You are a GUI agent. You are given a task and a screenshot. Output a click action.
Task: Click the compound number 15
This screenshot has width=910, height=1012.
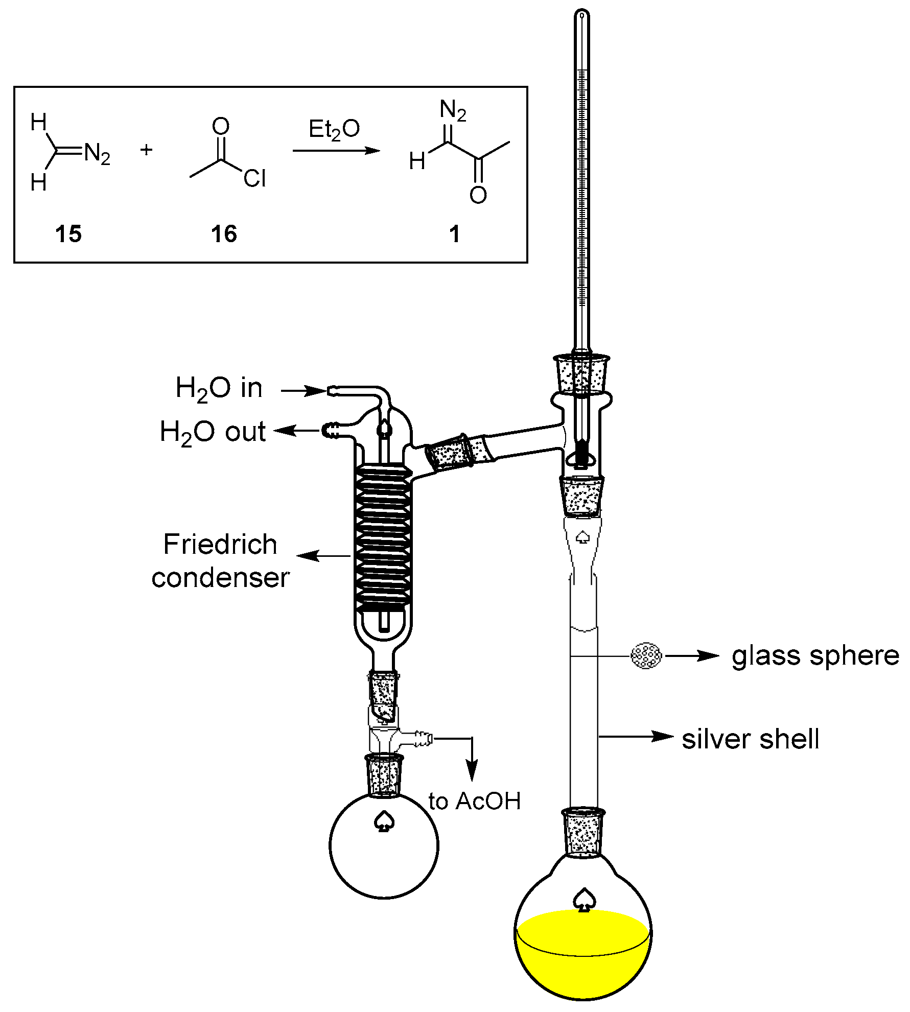(68, 234)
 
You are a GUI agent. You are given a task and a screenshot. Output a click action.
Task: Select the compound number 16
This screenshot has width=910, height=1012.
(224, 234)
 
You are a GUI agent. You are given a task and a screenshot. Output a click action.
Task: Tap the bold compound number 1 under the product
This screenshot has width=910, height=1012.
(454, 234)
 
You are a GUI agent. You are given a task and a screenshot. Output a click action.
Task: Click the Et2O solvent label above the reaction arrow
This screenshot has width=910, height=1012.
(334, 129)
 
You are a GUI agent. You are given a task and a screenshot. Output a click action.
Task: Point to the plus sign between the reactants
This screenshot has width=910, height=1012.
(146, 150)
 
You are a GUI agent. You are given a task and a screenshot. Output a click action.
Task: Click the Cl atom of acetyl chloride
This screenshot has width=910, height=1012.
(254, 178)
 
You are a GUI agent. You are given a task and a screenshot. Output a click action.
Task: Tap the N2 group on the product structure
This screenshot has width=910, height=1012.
(453, 110)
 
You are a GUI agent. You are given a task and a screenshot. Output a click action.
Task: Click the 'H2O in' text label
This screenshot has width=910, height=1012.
(219, 388)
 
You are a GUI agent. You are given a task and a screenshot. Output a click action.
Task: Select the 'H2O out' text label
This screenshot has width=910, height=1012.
(213, 432)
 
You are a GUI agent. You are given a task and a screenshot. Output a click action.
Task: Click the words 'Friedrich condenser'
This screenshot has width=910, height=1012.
(220, 560)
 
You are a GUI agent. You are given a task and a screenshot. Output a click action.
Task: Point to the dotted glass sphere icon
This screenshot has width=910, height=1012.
(646, 655)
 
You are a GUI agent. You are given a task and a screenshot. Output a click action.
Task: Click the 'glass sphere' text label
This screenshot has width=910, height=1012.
(815, 656)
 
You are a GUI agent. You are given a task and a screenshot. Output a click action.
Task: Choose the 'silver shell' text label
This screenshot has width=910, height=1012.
(750, 739)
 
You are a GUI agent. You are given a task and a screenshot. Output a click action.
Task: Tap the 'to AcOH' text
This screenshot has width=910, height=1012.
(475, 801)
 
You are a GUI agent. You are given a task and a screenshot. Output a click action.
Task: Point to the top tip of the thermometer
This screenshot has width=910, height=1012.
(582, 14)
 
